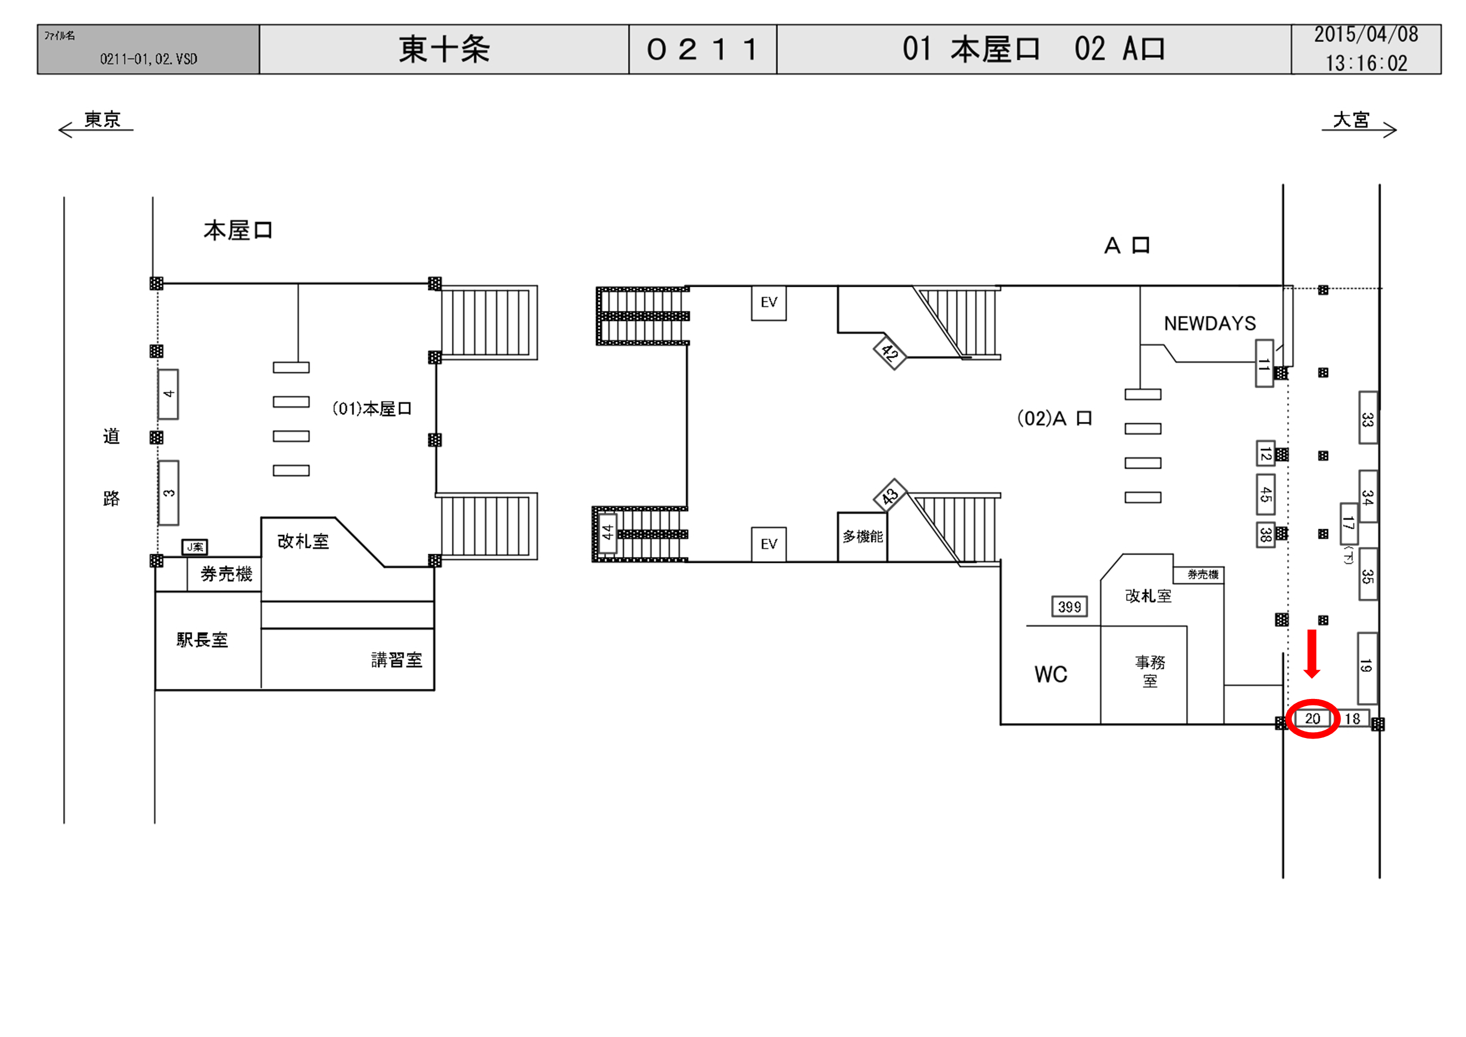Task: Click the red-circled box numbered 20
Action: click(x=1312, y=718)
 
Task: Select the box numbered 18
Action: click(x=1352, y=718)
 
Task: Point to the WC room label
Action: click(x=1050, y=674)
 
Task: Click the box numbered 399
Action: click(x=1070, y=607)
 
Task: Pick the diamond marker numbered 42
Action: click(x=889, y=352)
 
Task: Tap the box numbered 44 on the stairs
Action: click(x=607, y=532)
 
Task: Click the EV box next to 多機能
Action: click(x=769, y=544)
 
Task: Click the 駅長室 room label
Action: click(x=202, y=640)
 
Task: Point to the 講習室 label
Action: click(x=396, y=659)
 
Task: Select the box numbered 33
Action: click(x=1367, y=419)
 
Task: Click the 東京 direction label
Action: click(x=102, y=120)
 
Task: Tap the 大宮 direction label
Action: click(x=1351, y=120)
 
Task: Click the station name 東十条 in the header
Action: click(x=444, y=50)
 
